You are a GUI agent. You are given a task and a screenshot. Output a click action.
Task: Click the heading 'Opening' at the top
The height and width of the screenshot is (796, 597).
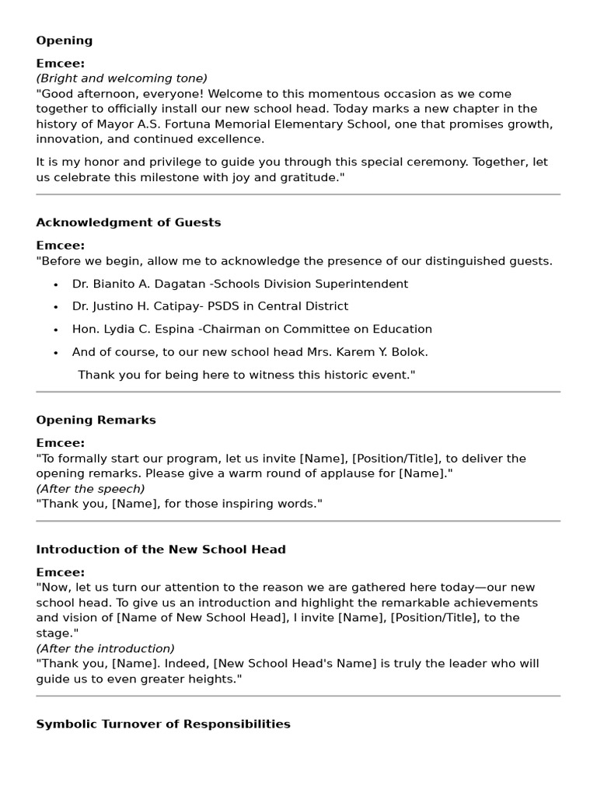64,40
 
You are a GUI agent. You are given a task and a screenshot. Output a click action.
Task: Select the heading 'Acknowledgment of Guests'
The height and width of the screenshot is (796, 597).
128,222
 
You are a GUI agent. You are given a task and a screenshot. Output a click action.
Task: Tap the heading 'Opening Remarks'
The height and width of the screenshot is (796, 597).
96,420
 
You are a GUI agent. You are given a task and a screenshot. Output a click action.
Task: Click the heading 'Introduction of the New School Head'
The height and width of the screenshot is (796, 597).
161,550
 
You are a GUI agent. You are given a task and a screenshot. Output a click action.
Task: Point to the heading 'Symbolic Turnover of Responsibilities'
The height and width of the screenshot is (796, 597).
163,724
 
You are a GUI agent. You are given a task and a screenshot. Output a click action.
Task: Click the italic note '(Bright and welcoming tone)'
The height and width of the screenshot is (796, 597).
121,79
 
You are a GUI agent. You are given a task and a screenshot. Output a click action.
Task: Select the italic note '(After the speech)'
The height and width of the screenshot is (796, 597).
90,489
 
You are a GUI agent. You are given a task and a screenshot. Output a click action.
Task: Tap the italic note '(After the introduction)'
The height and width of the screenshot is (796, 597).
105,648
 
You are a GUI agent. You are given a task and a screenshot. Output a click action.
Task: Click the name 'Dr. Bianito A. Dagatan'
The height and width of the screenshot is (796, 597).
134,284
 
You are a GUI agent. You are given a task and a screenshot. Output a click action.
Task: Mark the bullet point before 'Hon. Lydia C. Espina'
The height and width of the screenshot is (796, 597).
55,330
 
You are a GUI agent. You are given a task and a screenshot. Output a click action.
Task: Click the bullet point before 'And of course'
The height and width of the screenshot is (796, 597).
55,353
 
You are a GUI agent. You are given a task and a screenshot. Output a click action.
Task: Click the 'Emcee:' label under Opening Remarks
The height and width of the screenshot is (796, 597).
60,443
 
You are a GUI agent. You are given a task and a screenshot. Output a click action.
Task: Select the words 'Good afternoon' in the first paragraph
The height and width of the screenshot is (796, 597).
82,94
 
